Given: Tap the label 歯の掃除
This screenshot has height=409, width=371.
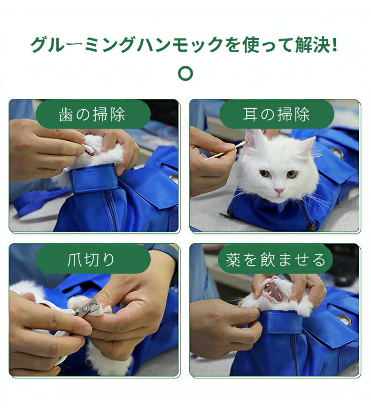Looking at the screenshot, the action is point(93,114).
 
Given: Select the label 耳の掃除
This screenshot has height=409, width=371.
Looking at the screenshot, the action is point(277,114).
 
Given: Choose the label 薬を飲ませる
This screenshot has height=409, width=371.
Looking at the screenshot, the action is point(276,259).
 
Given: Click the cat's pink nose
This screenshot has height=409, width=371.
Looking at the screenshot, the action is point(279,191).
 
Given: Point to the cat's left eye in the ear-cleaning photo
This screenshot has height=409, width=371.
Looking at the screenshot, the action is point(265,173).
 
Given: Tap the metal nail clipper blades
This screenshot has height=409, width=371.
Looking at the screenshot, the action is point(89,308).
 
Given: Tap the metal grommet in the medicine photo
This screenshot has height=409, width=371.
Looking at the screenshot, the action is point(344,320).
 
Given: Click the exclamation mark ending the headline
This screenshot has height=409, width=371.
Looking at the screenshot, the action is point(334,45).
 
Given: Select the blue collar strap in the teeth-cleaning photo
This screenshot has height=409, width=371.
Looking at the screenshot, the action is point(95,178).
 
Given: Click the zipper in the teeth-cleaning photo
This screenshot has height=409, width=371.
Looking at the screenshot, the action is point(112,211).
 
